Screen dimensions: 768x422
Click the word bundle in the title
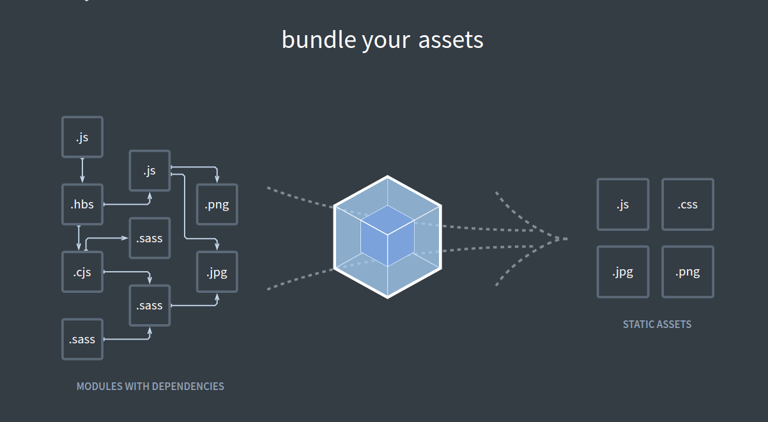pos(319,40)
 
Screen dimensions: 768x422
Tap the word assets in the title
pos(451,40)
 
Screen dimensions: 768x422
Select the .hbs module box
pos(82,205)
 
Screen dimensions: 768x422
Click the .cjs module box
pos(82,272)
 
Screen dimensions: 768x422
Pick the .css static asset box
pos(687,205)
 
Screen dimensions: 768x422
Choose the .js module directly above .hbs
pos(82,137)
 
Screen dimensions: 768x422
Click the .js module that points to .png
pos(150,171)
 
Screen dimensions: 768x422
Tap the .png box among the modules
pos(217,205)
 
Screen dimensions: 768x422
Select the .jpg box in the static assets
pos(623,272)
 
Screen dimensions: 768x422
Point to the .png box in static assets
pos(687,272)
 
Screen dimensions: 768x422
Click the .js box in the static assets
pos(623,205)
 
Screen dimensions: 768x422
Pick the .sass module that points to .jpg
pos(150,306)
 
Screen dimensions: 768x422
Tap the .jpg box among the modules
pos(217,272)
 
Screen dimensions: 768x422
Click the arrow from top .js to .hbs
pos(82,171)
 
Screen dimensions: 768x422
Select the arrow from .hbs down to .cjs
pos(79,238)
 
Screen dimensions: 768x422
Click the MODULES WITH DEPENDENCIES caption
pos(150,386)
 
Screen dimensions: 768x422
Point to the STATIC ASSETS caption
pos(657,324)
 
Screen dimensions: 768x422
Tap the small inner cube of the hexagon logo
pos(387,236)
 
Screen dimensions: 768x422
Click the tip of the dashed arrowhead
pos(567,238)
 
